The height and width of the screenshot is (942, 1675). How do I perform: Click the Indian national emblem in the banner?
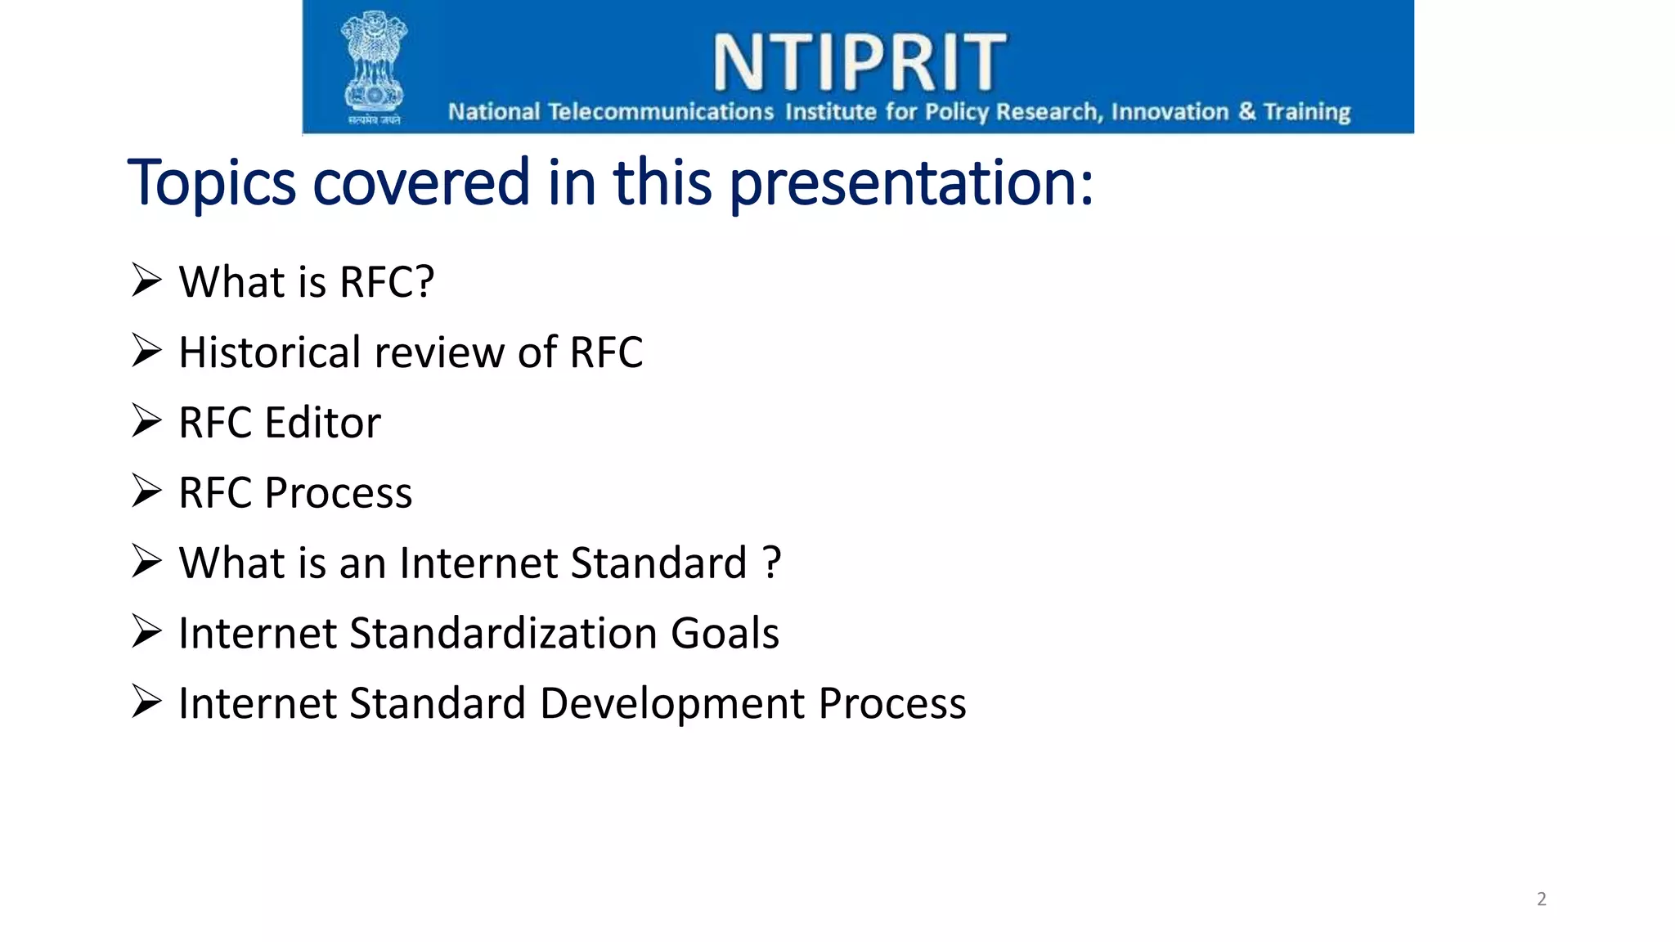pyautogui.click(x=374, y=65)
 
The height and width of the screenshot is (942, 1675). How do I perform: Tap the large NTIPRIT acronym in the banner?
pyautogui.click(x=859, y=62)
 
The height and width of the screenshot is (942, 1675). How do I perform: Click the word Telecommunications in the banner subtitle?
pyautogui.click(x=660, y=111)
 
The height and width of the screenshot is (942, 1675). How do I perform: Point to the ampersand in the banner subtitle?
pyautogui.click(x=1246, y=110)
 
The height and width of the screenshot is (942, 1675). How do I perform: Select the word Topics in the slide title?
pyautogui.click(x=211, y=182)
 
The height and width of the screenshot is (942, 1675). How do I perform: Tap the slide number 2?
pyautogui.click(x=1542, y=899)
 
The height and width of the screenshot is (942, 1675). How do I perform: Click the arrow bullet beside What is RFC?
pyautogui.click(x=146, y=280)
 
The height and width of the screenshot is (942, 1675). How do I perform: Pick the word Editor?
pyautogui.click(x=322, y=423)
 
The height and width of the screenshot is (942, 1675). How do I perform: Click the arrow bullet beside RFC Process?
pyautogui.click(x=146, y=491)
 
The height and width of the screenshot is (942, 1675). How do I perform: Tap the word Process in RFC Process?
pyautogui.click(x=339, y=493)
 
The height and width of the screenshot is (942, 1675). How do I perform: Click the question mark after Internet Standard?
pyautogui.click(x=771, y=563)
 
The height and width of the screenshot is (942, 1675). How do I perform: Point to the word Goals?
pyautogui.click(x=725, y=634)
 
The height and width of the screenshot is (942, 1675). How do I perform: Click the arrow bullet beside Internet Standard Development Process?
pyautogui.click(x=146, y=702)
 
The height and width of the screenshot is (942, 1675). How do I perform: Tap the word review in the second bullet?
pyautogui.click(x=438, y=352)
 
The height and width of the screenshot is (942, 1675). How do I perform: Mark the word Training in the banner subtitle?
pyautogui.click(x=1306, y=111)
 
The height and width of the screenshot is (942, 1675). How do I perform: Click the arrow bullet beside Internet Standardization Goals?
pyautogui.click(x=146, y=632)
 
